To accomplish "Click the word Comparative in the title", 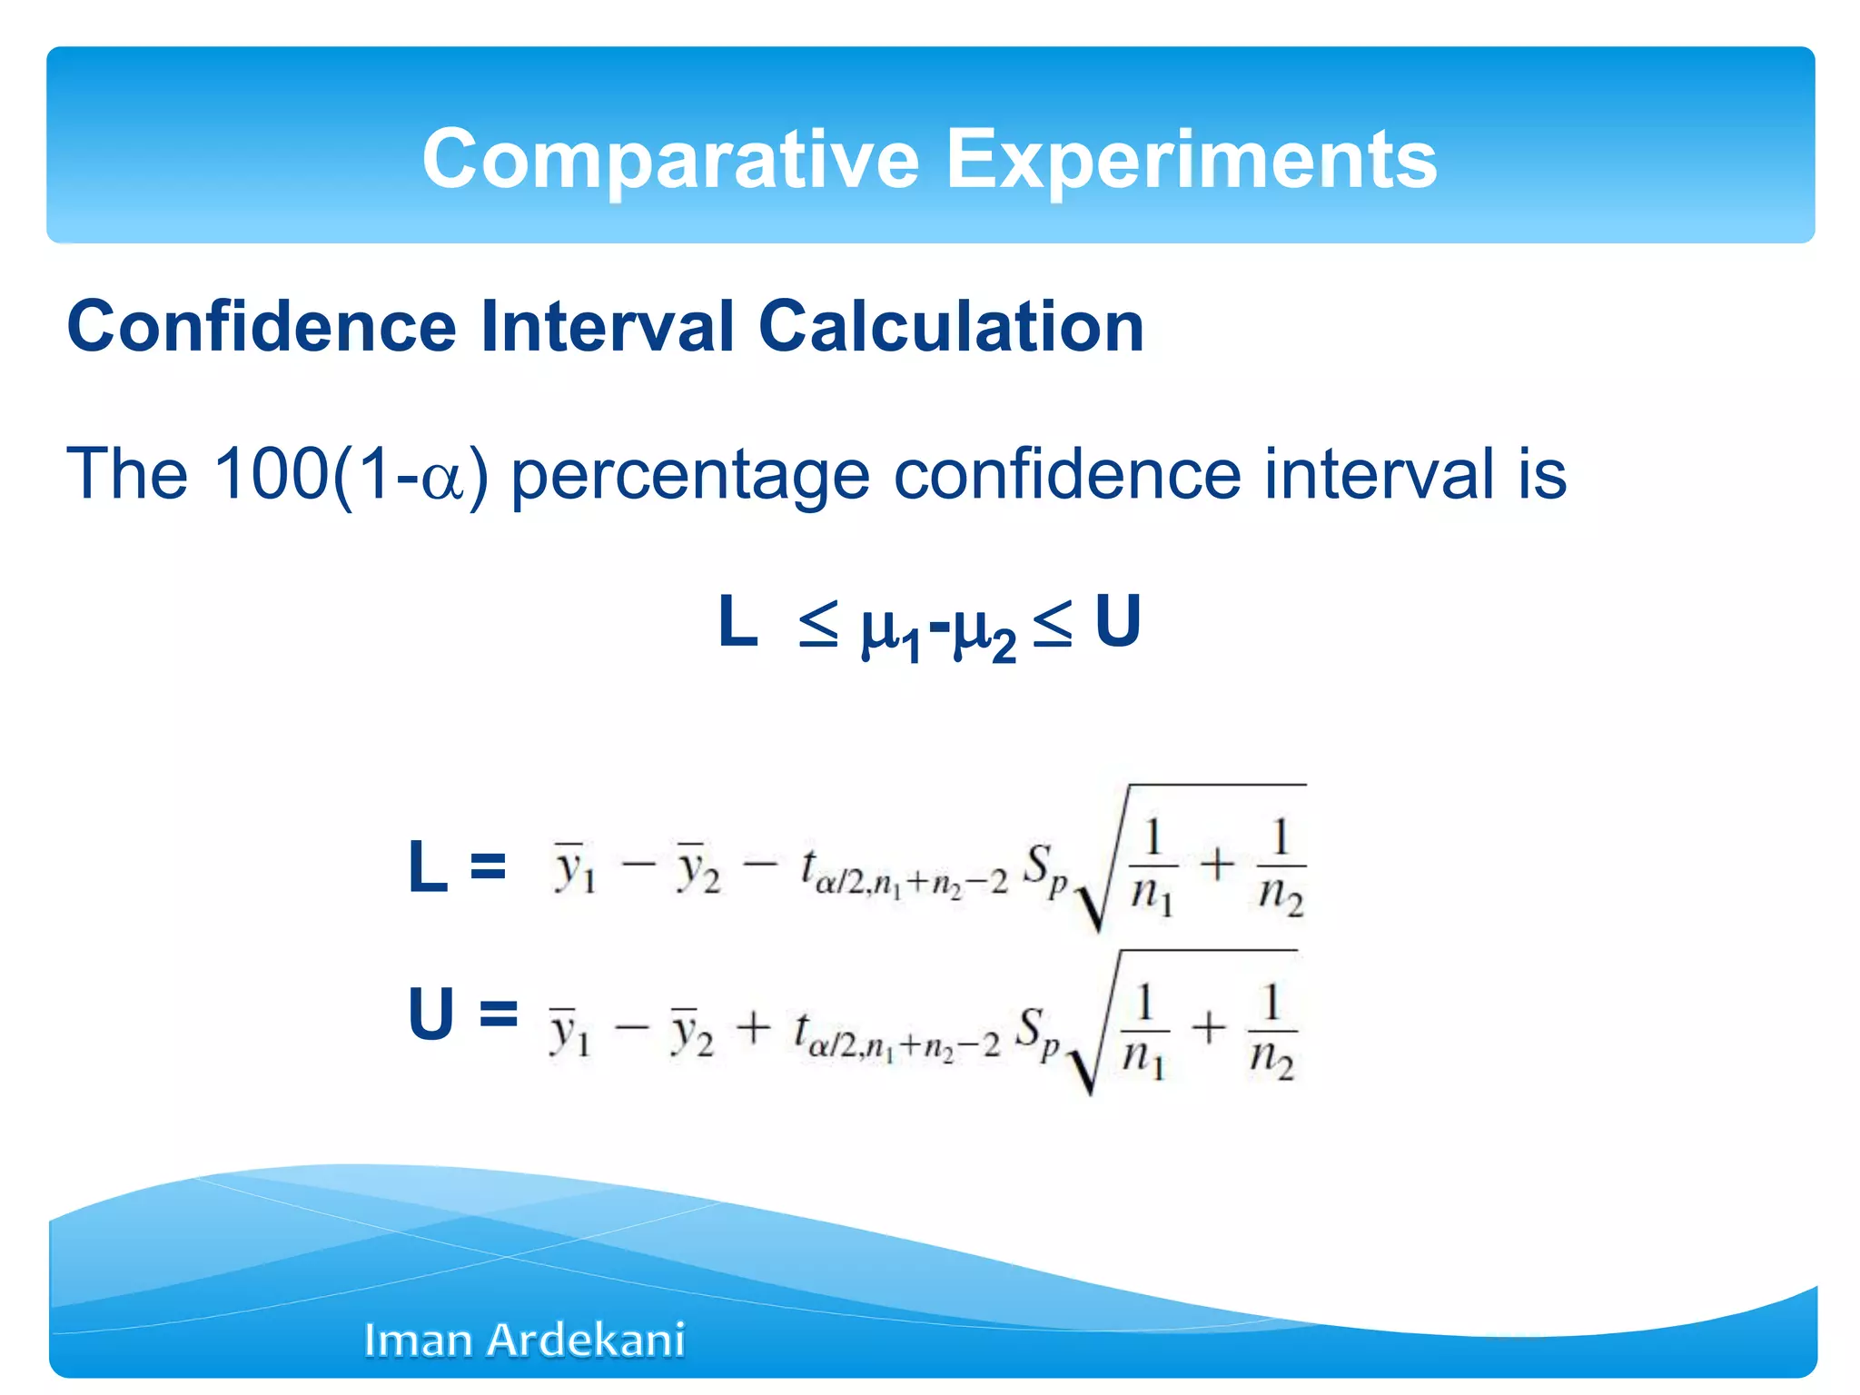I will coord(670,160).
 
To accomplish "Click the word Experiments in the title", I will coord(1192,160).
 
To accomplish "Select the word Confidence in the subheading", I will coord(262,327).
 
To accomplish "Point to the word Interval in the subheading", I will coord(607,327).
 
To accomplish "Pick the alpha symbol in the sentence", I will coord(443,480).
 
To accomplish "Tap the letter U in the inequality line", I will coord(1117,622).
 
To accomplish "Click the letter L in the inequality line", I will coord(737,622).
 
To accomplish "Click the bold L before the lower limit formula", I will coord(428,866).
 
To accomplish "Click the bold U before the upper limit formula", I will coord(430,1014).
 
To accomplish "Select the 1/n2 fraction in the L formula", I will coord(1281,867).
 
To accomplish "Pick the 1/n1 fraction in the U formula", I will coord(1144,1032).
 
